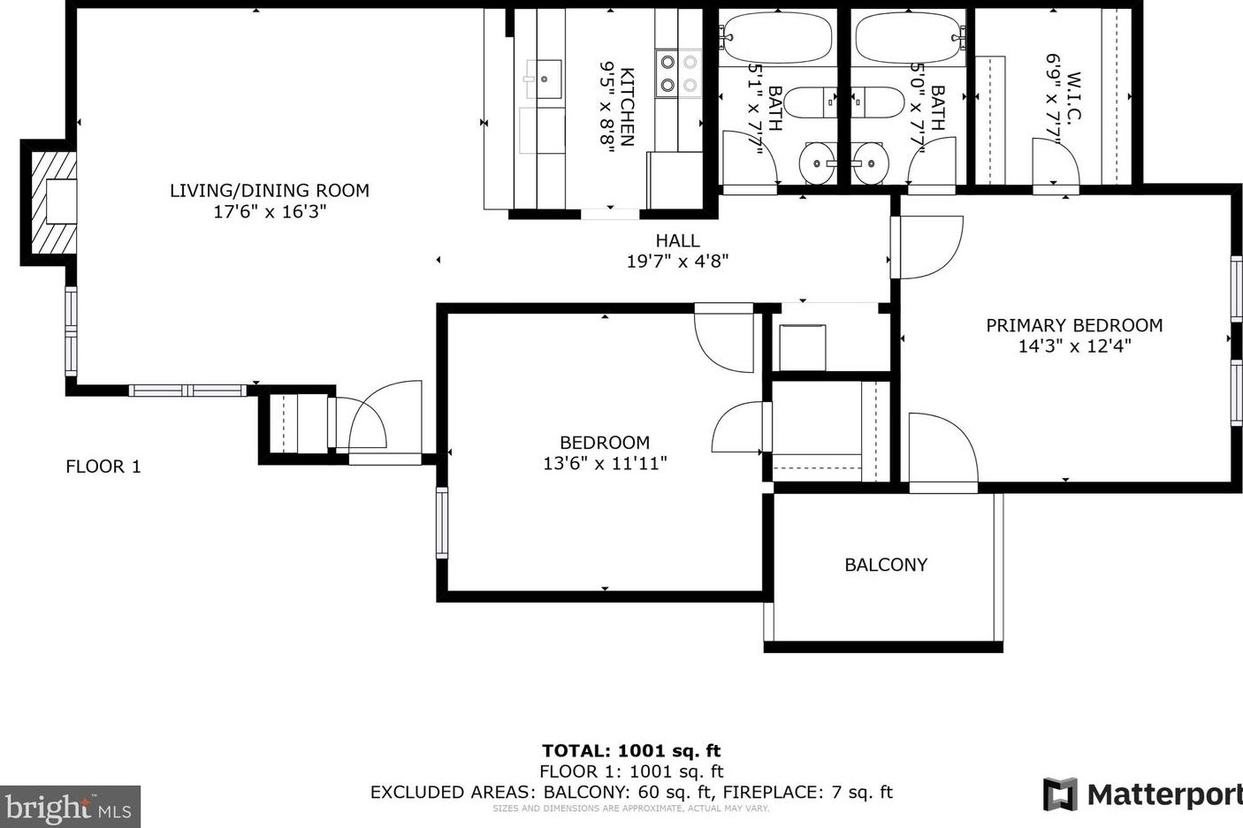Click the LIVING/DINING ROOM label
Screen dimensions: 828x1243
[269, 190]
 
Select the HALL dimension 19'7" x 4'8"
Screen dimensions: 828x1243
[677, 262]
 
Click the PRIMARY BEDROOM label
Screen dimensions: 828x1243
[1074, 325]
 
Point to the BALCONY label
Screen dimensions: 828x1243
[886, 565]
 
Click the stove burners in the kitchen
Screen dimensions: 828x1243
[678, 73]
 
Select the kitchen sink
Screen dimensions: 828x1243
[544, 79]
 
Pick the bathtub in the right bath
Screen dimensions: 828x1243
[909, 37]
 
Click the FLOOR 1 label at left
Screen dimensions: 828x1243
[103, 467]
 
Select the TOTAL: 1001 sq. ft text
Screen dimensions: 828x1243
[631, 751]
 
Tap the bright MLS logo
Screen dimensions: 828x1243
[69, 807]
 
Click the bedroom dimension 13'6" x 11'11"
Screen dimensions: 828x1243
[605, 463]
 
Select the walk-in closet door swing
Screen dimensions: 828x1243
[1056, 163]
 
